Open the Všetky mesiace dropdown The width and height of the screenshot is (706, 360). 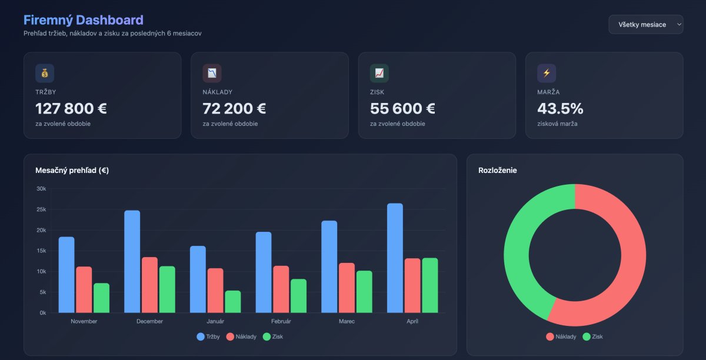point(645,24)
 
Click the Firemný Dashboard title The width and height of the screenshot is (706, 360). point(83,21)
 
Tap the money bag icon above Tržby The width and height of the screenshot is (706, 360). point(45,73)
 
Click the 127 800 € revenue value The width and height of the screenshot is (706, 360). point(71,109)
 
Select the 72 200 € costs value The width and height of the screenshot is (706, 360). point(234,109)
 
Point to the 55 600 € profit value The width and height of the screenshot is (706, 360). point(402,109)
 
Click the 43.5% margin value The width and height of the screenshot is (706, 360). point(560,109)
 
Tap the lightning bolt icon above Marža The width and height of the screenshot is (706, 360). point(547,73)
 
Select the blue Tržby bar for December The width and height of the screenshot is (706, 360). point(132,261)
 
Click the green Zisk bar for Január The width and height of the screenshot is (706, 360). point(233,301)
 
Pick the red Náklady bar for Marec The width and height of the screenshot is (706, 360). point(347,288)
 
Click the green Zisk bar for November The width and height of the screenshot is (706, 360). point(102,298)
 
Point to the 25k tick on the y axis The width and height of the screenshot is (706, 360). point(41,209)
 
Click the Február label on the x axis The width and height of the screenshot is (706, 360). point(281,321)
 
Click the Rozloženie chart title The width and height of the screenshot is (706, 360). point(498,171)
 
